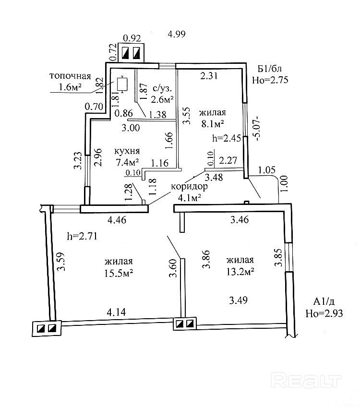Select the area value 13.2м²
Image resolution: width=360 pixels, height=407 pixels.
click(240, 271)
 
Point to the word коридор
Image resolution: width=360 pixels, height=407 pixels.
click(189, 187)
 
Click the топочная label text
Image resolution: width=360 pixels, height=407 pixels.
click(70, 76)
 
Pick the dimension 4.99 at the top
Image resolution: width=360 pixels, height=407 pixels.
click(176, 34)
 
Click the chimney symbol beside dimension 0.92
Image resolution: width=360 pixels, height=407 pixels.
click(132, 52)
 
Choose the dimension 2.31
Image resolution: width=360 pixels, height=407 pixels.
click(209, 75)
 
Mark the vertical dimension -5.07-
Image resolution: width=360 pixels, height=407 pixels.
click(259, 128)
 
